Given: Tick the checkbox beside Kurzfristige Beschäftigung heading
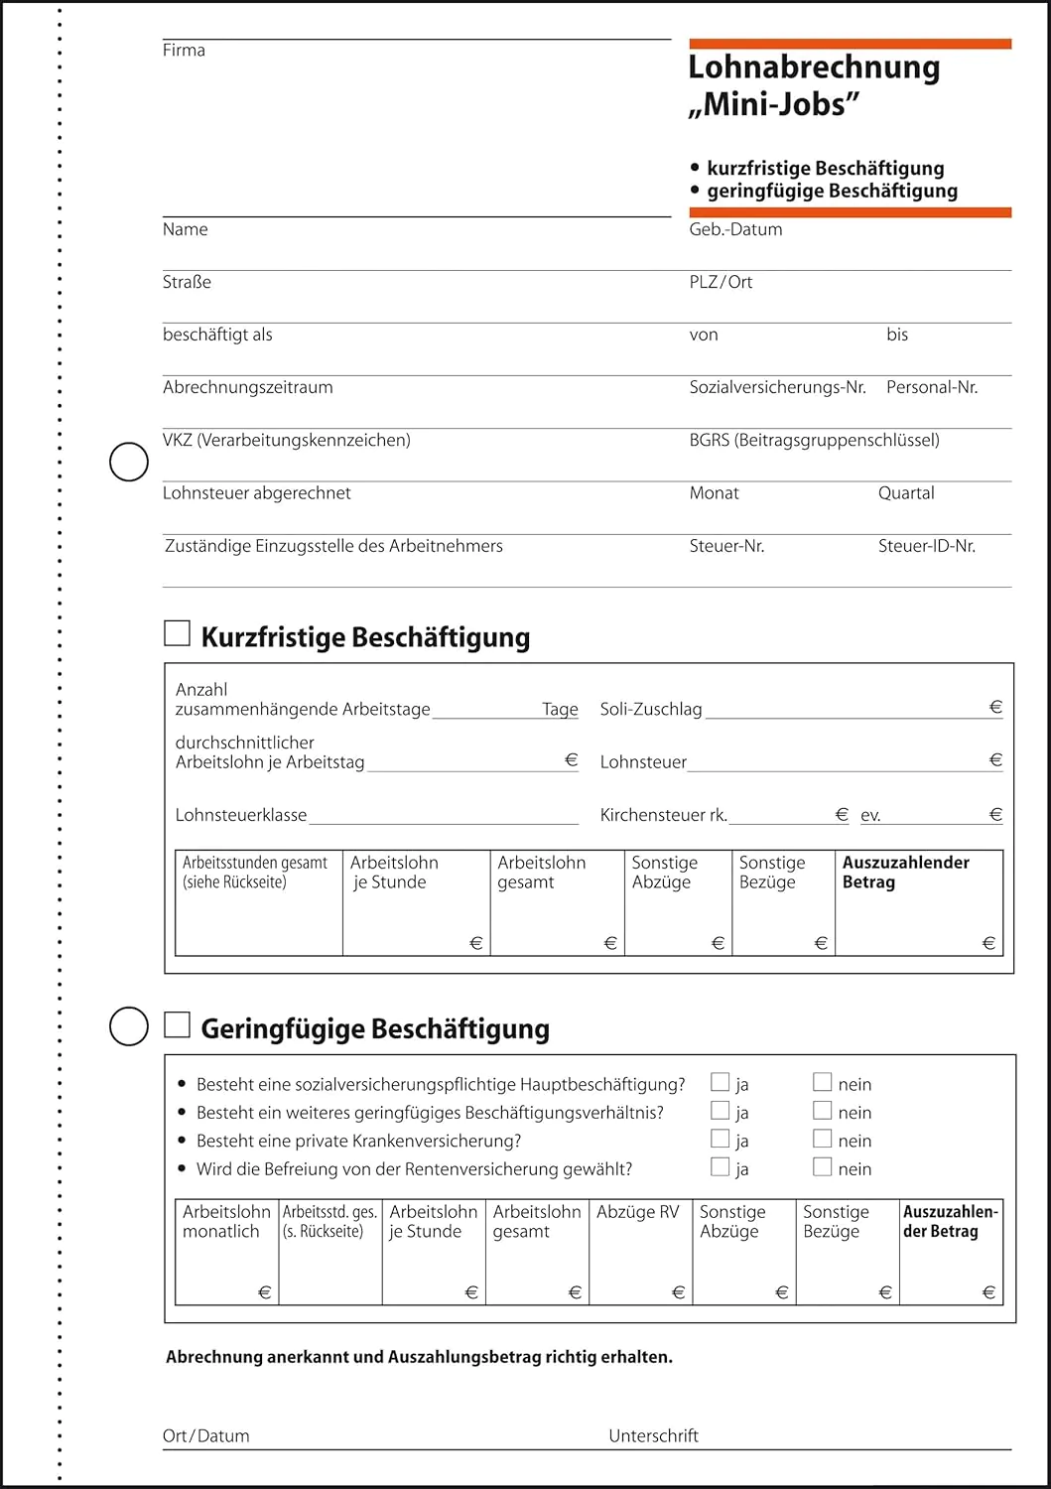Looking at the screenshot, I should [177, 633].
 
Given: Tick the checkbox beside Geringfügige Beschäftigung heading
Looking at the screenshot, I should [177, 1024].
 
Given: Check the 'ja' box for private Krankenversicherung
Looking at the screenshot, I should [721, 1139].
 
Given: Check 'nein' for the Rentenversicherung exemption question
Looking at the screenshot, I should [822, 1166].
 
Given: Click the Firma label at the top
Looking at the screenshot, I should [184, 51].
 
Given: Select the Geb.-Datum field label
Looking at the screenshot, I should [735, 229].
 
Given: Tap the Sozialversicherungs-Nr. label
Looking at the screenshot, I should [777, 387].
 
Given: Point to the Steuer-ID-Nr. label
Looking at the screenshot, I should [926, 546].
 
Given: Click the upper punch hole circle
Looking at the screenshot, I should [128, 462].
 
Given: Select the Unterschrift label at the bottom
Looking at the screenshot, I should [653, 1435].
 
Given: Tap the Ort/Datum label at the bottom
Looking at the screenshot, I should [205, 1435].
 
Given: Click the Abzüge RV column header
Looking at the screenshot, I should [637, 1212].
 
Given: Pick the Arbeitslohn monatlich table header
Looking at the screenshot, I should [226, 1222].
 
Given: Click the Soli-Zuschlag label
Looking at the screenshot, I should [651, 709].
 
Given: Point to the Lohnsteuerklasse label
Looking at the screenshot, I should [241, 815].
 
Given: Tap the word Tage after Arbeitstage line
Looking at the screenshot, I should [560, 709].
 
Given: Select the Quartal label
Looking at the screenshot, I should [905, 493].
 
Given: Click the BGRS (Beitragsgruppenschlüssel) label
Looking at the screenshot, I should [814, 440].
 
